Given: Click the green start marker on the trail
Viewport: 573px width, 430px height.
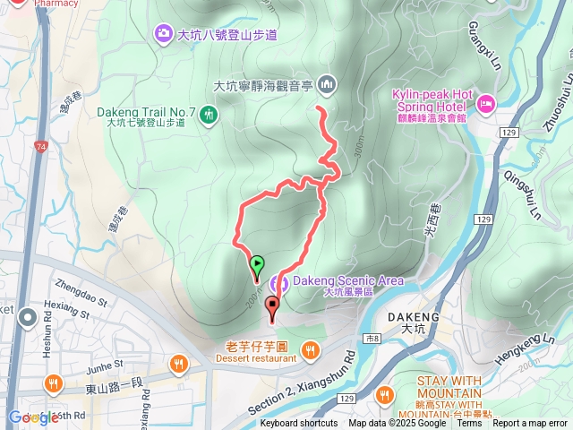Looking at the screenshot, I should (257, 265).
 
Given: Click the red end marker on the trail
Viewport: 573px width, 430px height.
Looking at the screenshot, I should (272, 305).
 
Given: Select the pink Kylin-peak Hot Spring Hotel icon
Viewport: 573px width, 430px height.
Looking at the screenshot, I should (485, 104).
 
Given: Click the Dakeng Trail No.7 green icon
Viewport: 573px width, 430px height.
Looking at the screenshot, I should (209, 114).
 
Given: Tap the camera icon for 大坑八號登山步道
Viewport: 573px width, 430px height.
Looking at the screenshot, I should (163, 34).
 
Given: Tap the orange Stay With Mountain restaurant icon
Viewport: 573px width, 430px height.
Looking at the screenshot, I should (386, 393).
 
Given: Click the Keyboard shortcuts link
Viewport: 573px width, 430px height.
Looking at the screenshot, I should (299, 424).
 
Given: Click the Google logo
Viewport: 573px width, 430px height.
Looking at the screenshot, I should (33, 417).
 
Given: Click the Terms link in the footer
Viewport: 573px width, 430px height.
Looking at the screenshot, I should (469, 424).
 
